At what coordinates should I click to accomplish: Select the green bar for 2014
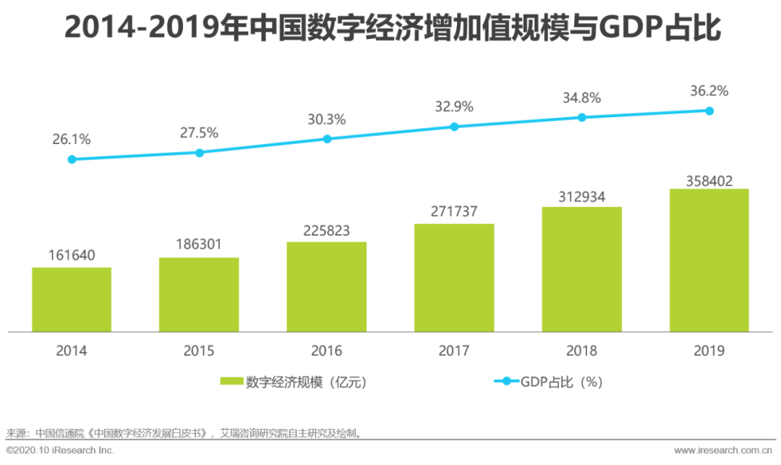click(x=72, y=299)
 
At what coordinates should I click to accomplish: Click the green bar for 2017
click(x=454, y=278)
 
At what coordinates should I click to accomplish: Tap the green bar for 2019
click(x=709, y=260)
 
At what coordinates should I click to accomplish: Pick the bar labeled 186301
click(x=199, y=294)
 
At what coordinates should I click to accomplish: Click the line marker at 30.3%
click(x=327, y=138)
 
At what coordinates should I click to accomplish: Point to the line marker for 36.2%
click(x=709, y=111)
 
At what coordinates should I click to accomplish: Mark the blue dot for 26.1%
click(x=72, y=159)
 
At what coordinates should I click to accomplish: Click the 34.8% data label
click(x=582, y=98)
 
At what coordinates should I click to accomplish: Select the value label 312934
click(x=581, y=196)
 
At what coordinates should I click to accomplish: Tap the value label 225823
click(x=326, y=231)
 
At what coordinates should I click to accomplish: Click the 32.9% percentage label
click(x=454, y=107)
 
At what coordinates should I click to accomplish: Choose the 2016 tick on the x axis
click(x=327, y=351)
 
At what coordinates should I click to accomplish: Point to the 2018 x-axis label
click(x=581, y=351)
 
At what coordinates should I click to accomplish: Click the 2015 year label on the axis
click(x=199, y=351)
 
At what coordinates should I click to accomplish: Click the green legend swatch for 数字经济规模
click(x=231, y=381)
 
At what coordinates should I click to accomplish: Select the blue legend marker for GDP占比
click(x=505, y=381)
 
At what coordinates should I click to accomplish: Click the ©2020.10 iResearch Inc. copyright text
click(x=60, y=451)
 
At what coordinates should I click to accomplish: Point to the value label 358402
click(x=709, y=180)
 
